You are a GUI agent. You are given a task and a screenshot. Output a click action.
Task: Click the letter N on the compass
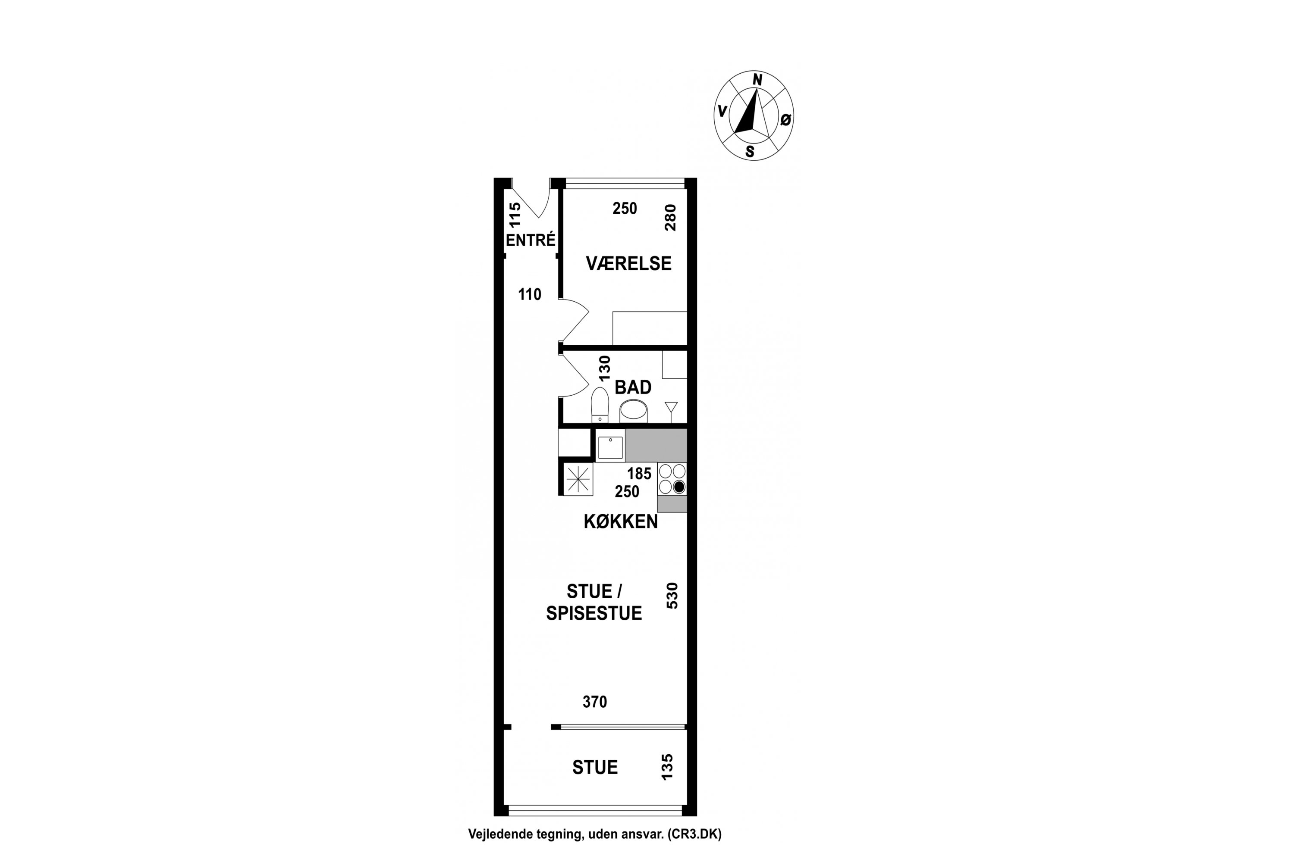coord(757,80)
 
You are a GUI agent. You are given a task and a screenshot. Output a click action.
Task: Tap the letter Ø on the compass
coord(785,119)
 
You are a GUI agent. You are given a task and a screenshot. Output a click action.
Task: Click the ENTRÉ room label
coord(531,240)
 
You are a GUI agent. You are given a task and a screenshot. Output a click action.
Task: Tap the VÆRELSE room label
coord(628,264)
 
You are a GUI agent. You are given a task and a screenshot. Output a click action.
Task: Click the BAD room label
coord(633,387)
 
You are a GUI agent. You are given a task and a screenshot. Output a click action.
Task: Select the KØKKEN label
coord(621,522)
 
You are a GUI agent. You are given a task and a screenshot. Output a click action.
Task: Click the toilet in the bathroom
coord(600,405)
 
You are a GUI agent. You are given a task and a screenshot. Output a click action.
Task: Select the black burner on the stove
coord(679,487)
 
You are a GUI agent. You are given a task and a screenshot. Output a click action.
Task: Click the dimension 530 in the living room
coord(672,595)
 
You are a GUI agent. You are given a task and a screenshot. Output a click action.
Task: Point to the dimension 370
coord(595,702)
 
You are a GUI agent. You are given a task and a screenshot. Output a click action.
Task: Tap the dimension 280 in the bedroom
coord(670,217)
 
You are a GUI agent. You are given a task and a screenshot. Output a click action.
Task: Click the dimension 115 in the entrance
coord(515,215)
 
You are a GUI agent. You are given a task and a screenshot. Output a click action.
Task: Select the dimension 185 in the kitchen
coord(639,473)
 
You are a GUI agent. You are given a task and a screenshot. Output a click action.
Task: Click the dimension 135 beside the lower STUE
coord(667,766)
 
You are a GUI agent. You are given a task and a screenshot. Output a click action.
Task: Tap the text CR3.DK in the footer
coord(694,834)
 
